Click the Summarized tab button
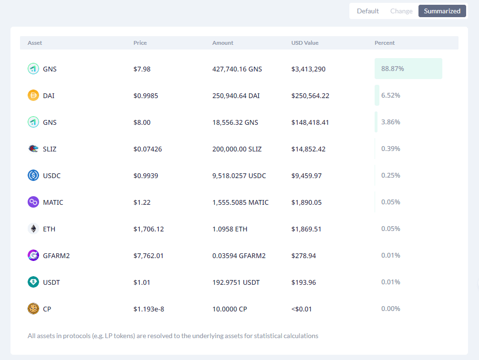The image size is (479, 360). click(x=442, y=11)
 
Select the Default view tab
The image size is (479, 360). click(x=368, y=11)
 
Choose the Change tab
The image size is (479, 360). click(x=401, y=11)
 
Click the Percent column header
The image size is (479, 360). click(x=385, y=43)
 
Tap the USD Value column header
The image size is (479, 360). click(x=305, y=43)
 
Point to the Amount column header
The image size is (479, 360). click(x=223, y=43)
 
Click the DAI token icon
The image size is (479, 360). click(x=33, y=96)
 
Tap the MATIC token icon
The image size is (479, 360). click(x=33, y=202)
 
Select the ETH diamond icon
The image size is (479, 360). click(x=33, y=229)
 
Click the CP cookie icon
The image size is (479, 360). click(x=33, y=309)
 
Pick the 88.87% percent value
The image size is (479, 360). click(x=393, y=69)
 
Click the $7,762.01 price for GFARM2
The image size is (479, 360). click(x=148, y=256)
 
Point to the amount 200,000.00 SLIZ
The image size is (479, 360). click(x=237, y=149)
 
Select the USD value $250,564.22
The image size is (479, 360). click(x=310, y=96)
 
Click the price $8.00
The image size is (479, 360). click(x=142, y=122)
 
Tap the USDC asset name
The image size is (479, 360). click(x=51, y=176)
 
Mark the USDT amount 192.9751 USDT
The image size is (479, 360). click(x=236, y=282)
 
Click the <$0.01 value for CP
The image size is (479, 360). click(x=302, y=309)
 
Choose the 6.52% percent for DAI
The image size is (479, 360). click(x=391, y=95)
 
